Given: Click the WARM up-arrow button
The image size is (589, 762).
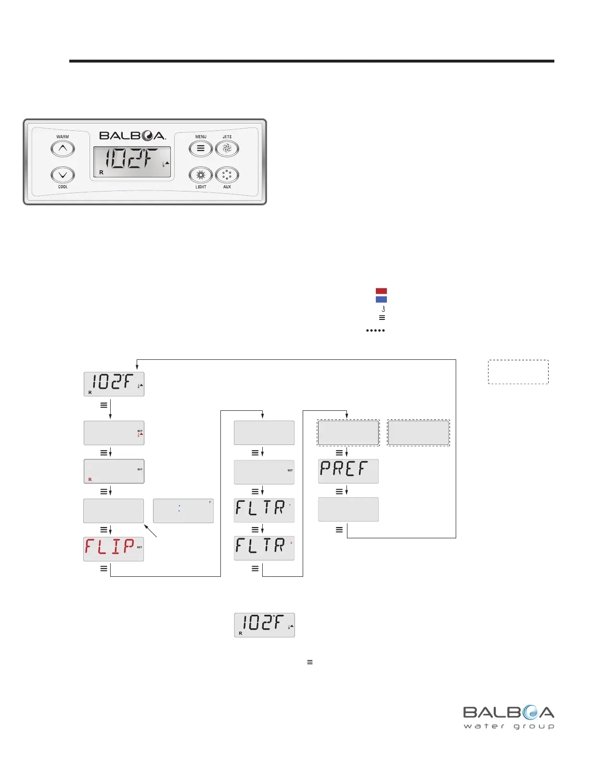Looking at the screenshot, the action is coord(63,149).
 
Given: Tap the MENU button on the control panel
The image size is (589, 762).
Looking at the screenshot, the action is coord(201,149).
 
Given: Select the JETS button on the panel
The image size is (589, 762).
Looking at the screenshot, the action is coord(227,149).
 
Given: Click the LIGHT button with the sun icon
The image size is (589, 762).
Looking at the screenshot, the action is coord(201,175).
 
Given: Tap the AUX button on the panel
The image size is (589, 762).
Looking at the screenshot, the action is coord(227,175).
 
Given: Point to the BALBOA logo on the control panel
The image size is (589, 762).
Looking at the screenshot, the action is coord(132,136).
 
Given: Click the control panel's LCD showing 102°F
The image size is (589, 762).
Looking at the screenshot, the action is coord(131,162).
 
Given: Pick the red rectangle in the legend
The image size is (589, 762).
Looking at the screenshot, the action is coord(381,291).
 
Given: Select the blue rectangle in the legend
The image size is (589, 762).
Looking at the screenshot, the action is coord(381,299).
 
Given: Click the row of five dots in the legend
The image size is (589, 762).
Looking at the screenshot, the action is coord(375,330).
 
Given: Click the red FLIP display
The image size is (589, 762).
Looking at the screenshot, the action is coord(114,549).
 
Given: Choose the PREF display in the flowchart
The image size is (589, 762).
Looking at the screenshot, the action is coord(348,471).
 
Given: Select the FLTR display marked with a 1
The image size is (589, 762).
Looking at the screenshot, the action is coord(264,510).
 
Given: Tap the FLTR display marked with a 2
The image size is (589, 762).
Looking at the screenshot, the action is coord(264,548).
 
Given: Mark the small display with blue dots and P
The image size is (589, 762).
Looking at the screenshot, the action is coord(183,510).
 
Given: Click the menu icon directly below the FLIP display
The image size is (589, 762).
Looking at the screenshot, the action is coord(103,569).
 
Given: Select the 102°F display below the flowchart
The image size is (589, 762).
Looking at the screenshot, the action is coord(264,625).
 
